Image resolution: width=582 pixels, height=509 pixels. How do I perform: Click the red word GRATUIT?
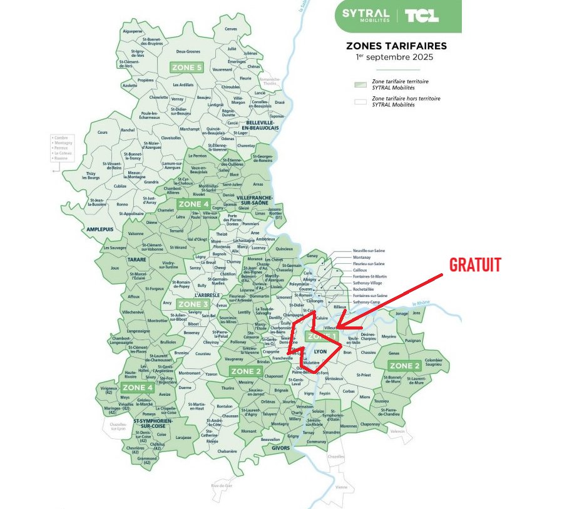tap(475, 265)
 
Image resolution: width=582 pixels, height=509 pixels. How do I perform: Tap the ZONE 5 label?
tap(186, 67)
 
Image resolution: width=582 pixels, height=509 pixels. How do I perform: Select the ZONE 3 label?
tap(193, 304)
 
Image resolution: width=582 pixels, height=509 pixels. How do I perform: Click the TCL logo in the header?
tap(421, 16)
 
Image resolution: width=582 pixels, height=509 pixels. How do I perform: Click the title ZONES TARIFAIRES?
tap(397, 46)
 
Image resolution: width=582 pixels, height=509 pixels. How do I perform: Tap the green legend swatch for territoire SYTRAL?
tap(360, 84)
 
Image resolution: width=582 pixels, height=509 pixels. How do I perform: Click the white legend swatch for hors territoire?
tap(360, 101)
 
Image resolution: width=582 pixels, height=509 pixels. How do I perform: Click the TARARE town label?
tap(137, 259)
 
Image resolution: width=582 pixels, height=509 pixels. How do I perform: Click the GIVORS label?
tap(280, 448)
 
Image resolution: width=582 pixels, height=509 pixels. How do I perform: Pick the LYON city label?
tap(320, 351)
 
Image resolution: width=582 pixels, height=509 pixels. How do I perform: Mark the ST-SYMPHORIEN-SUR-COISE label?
tap(153, 424)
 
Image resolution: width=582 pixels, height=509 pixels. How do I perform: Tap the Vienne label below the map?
tap(340, 486)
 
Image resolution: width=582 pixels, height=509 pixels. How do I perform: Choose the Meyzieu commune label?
tap(389, 336)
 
